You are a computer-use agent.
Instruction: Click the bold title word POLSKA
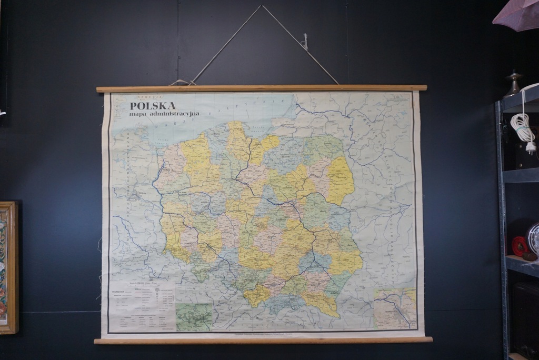pos(153,105)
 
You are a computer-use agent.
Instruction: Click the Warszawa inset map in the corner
pos(395,308)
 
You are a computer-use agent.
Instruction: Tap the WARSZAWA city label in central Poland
pos(290,207)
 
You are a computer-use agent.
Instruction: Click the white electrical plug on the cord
pos(531,146)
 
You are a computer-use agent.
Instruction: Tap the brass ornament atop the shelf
pos(513,84)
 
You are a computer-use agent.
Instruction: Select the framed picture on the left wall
pos(8,267)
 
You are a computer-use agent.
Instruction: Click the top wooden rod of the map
pos(262,88)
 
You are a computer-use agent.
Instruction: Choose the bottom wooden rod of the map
pos(263,340)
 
